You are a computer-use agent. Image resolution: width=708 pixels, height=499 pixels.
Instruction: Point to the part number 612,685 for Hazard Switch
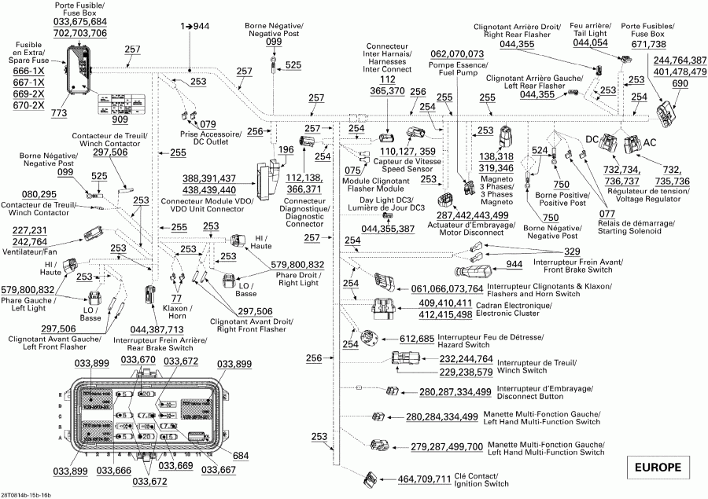(417, 339)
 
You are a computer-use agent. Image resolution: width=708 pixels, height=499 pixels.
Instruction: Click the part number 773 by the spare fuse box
(59, 114)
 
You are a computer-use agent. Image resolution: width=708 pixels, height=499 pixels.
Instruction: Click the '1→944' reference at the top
(194, 27)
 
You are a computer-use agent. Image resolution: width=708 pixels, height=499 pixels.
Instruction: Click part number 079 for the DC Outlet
(207, 124)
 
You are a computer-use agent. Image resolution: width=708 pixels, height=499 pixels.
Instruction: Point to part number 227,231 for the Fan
(30, 230)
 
